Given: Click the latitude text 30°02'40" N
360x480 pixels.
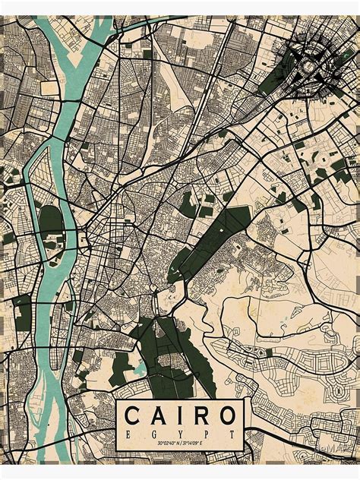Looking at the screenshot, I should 161,444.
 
